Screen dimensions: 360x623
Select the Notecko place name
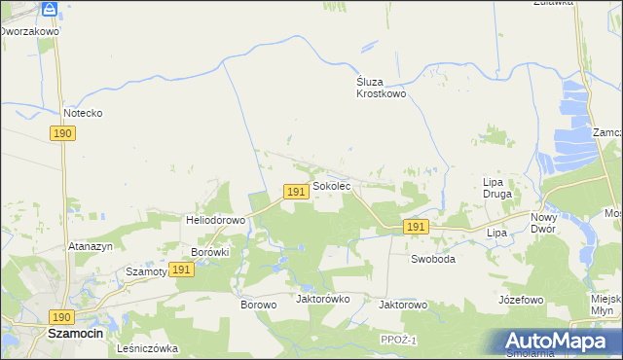[x=83, y=113]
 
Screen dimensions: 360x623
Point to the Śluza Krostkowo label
[x=380, y=89]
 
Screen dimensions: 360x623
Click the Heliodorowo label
[x=215, y=220]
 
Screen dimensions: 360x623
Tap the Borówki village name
[x=209, y=251]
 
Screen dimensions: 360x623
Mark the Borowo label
[x=259, y=305]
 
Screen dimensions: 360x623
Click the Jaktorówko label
[x=322, y=299]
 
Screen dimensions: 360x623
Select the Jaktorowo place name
[x=403, y=305]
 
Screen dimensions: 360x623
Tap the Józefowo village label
[x=520, y=300]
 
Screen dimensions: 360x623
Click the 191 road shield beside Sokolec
[x=297, y=193]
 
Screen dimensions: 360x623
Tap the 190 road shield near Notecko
[x=62, y=133]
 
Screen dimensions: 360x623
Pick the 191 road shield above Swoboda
[x=417, y=227]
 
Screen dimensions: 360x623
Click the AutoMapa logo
[x=560, y=342]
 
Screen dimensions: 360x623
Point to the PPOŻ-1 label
[x=399, y=339]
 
